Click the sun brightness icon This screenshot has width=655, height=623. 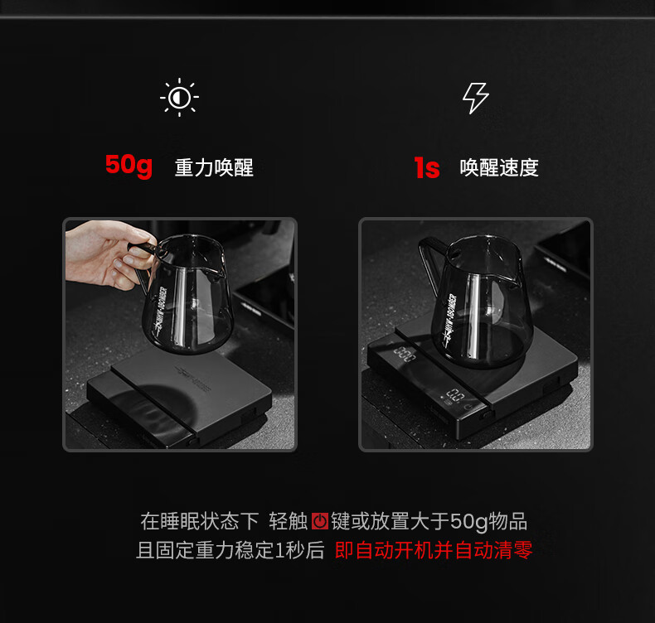179,97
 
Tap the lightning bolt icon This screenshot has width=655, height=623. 475,98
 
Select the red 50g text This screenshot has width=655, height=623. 129,166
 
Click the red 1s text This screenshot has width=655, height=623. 427,167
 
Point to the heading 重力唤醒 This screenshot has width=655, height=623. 214,167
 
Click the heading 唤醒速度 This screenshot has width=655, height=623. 499,167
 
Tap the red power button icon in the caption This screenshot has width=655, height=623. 320,521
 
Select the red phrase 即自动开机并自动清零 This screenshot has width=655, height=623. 434,550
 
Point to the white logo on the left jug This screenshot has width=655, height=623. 160,310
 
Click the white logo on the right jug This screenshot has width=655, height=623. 449,319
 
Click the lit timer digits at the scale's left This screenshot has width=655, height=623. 404,354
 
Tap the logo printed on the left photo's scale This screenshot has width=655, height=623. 193,379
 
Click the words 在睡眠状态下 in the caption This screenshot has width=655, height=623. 200,521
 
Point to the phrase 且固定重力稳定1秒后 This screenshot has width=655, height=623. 230,550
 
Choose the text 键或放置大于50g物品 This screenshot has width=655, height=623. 429,521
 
